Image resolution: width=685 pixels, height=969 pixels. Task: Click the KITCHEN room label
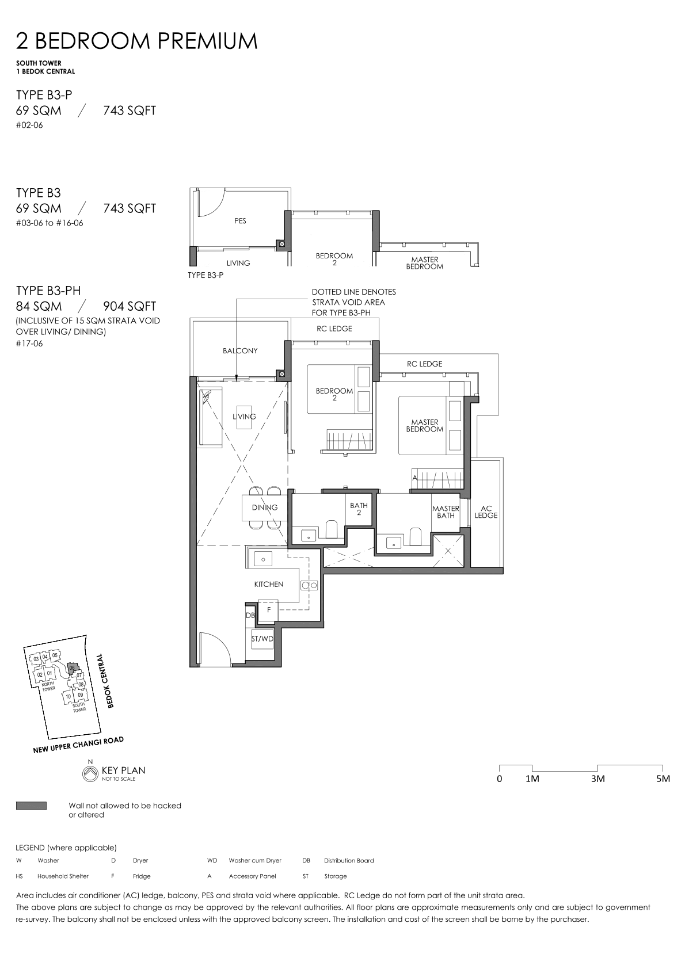pos(269,584)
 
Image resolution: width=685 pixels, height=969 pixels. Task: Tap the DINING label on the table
pos(265,508)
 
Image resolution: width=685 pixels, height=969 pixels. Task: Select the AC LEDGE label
pos(486,512)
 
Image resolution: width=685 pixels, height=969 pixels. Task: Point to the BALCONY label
pos(240,351)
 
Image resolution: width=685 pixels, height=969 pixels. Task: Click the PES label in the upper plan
pos(240,220)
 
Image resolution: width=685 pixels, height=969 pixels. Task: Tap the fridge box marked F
pos(269,610)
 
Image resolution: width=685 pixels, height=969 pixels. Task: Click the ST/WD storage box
pos(262,638)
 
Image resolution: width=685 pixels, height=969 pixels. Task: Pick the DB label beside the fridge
pos(250,615)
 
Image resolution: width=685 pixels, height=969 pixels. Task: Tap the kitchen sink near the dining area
pos(262,559)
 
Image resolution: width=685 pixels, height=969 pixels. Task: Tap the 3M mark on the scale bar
pos(598,779)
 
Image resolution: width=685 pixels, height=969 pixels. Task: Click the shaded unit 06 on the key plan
pos(72,669)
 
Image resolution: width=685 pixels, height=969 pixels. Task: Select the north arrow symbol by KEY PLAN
pos(90,774)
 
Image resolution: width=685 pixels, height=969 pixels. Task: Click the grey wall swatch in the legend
pos(31,806)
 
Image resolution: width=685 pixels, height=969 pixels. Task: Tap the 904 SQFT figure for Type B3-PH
pos(130,306)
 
